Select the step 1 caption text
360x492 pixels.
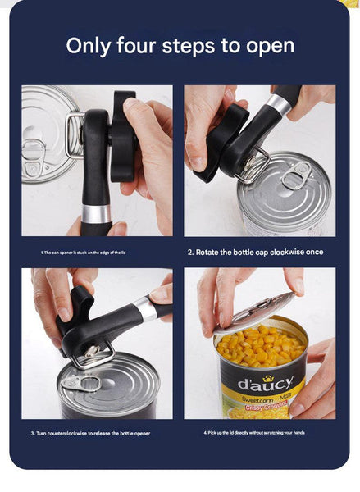[x=83, y=253]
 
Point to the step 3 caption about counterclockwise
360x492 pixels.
[x=90, y=433]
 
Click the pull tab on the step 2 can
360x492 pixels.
[x=295, y=175]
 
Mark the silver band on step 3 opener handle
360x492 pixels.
[x=144, y=308]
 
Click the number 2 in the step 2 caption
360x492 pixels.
[x=189, y=252]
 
